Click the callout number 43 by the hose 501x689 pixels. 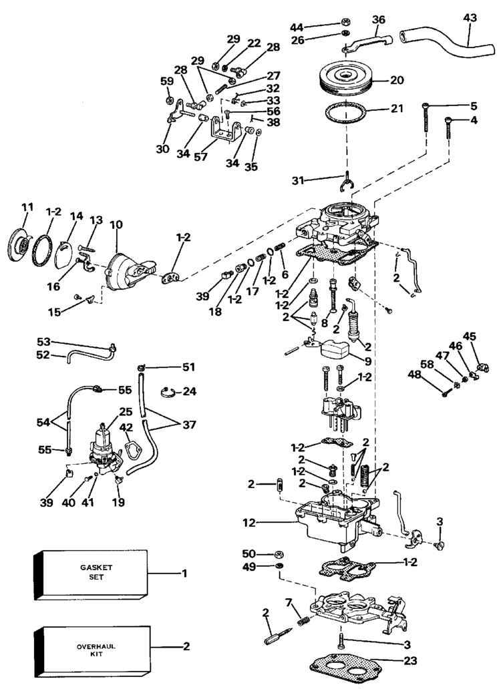pos(470,19)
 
